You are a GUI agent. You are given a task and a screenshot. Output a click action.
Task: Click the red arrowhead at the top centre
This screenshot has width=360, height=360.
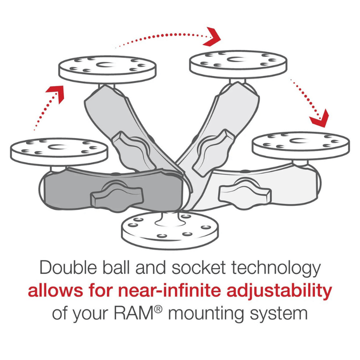click(213, 35)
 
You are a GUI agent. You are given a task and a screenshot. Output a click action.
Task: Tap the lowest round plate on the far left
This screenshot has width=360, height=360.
click(59, 150)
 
